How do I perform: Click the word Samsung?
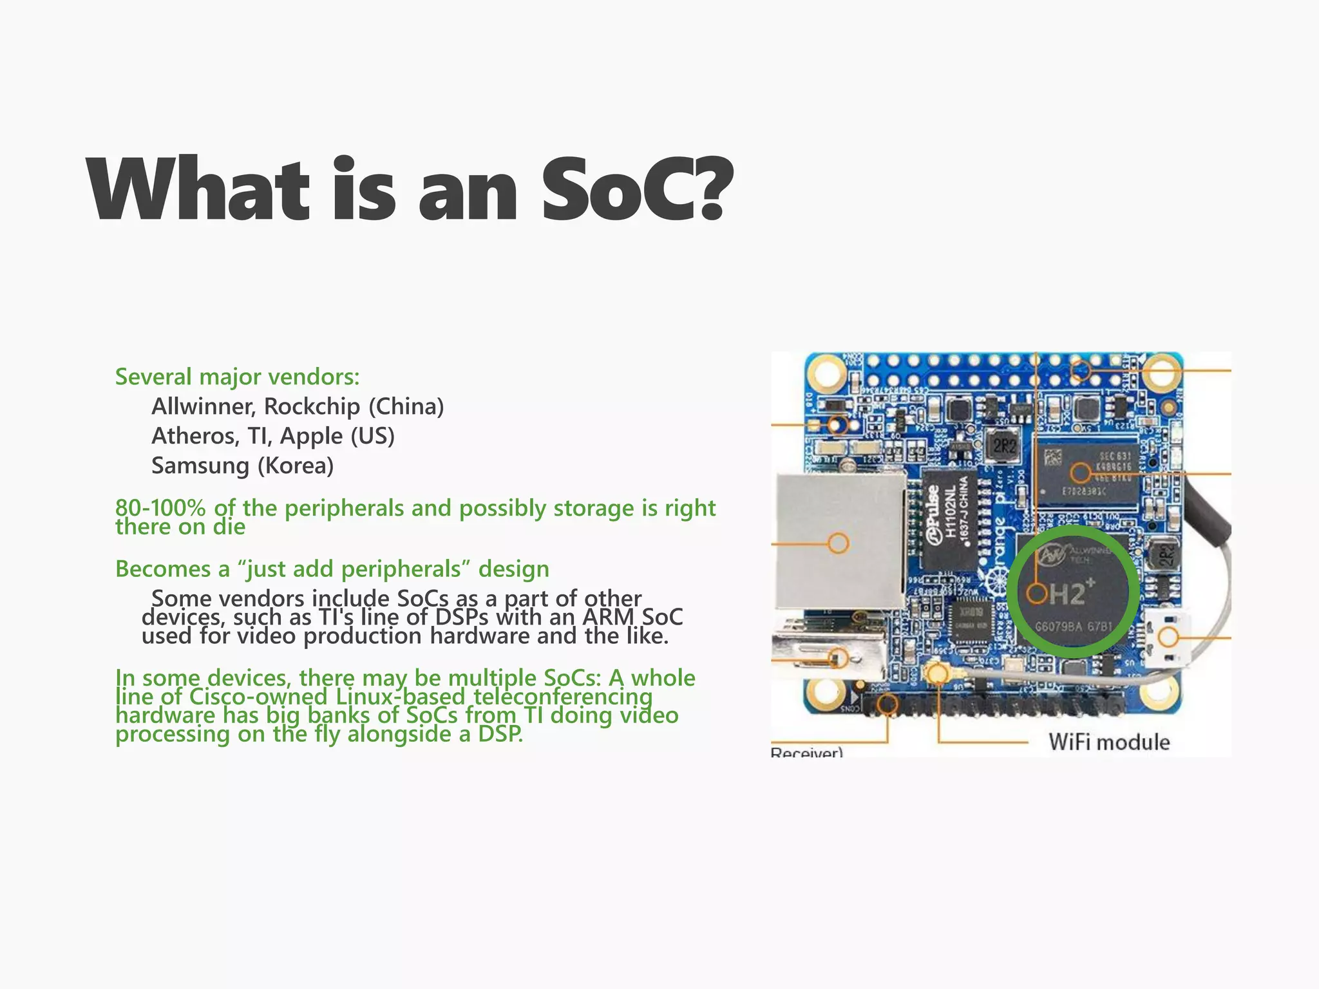click(200, 466)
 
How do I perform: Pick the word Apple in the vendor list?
click(312, 436)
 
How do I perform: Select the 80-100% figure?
click(160, 508)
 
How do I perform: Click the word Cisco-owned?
click(258, 697)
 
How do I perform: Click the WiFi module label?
click(1108, 742)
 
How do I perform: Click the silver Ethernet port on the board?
click(837, 541)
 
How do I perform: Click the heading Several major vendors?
click(237, 377)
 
